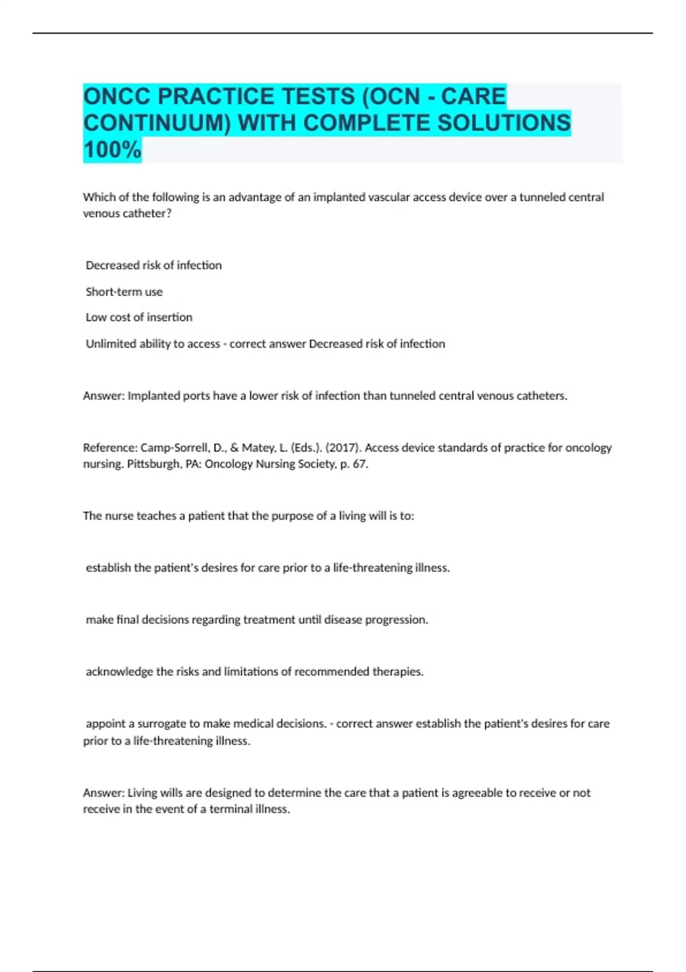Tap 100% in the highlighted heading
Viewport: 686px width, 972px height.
112,150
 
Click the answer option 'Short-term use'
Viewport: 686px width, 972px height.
124,292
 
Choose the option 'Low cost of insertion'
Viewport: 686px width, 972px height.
139,317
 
